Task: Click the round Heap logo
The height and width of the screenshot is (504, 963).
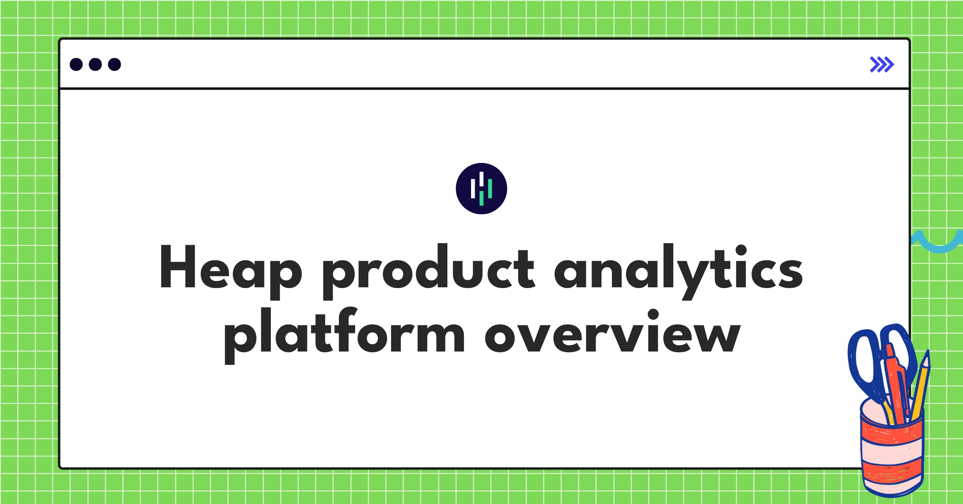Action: point(481,189)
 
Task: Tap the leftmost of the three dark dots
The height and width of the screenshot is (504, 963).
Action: point(76,64)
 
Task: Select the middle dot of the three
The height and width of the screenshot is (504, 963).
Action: point(95,64)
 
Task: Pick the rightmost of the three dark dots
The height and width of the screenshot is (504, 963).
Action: point(114,64)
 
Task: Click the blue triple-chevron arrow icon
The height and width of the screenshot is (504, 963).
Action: point(882,65)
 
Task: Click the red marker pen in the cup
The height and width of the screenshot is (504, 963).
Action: point(896,385)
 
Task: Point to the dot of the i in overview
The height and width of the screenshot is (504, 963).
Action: point(653,314)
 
